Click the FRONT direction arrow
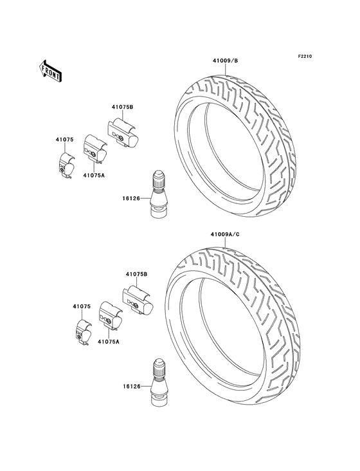[x=50, y=71]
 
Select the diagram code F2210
[x=305, y=56]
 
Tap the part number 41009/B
[x=225, y=60]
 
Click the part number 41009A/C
[x=225, y=234]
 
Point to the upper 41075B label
[x=122, y=107]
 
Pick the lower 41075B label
[x=136, y=274]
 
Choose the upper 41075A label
[x=94, y=175]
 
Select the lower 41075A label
[x=108, y=342]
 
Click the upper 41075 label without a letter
[x=64, y=140]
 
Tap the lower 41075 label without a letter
[x=82, y=307]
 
